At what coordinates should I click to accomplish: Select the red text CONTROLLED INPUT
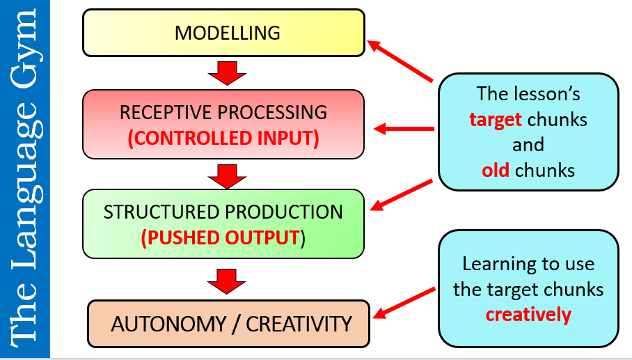pos(223,138)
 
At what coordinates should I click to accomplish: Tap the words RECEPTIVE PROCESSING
pos(223,113)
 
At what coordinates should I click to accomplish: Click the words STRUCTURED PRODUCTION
pos(223,212)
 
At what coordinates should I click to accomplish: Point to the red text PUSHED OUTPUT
pos(221,237)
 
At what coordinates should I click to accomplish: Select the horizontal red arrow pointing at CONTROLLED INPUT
pos(404,129)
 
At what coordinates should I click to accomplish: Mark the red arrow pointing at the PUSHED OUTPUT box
pos(403,194)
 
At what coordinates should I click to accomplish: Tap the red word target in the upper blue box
pos(496,119)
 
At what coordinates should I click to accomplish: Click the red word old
pos(496,171)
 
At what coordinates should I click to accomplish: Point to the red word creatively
pos(528,315)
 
